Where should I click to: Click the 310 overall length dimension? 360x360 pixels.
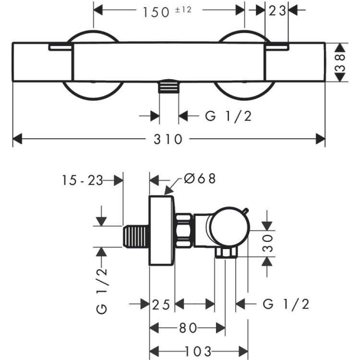168,139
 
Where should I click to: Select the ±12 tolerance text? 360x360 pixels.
183,10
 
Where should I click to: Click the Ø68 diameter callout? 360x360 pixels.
200,179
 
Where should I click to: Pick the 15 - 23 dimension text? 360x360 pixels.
83,180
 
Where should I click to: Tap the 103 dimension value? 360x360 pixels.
198,351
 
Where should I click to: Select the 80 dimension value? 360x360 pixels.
188,328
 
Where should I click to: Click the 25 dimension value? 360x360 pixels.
161,305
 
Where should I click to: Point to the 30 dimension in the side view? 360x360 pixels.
268,243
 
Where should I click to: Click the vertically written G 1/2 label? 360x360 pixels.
101,290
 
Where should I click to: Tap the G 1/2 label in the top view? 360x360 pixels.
228,116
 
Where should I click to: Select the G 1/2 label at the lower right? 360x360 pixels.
286,304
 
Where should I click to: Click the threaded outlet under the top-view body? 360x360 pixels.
169,86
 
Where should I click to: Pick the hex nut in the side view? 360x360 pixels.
184,231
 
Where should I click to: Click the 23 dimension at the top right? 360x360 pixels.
277,11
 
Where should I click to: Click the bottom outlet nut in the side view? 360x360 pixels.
226,253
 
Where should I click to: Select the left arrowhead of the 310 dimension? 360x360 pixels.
17,139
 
